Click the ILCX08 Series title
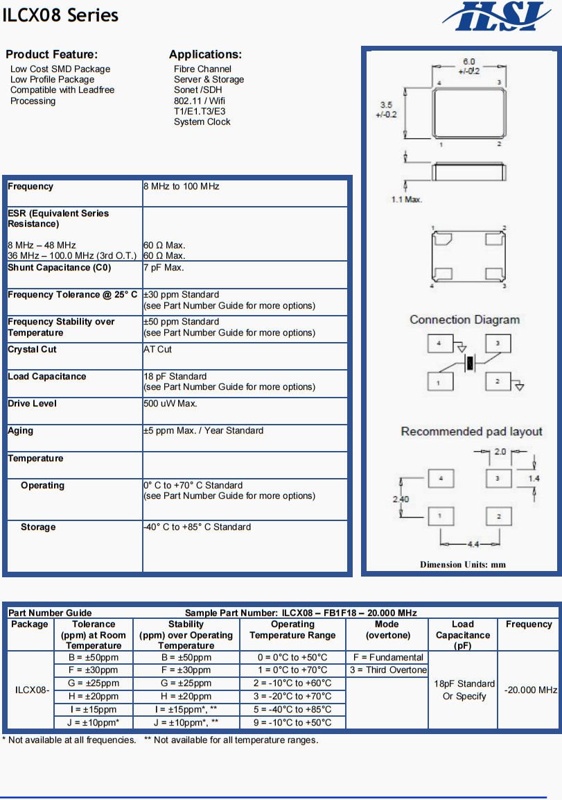click(x=60, y=15)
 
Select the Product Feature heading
click(x=52, y=54)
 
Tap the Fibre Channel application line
click(x=202, y=69)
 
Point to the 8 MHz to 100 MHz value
click(x=182, y=187)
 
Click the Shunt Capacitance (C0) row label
click(x=60, y=268)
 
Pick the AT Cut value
click(x=158, y=349)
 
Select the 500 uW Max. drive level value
click(x=170, y=403)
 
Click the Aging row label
click(x=21, y=431)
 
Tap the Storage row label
click(x=38, y=527)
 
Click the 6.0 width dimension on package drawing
click(x=469, y=62)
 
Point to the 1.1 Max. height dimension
click(x=407, y=200)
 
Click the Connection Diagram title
click(x=464, y=320)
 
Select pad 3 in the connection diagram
click(x=498, y=343)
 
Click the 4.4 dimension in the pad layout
click(x=472, y=543)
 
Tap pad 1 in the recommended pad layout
click(x=441, y=516)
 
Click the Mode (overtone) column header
click(x=387, y=630)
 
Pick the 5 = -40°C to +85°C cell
click(x=292, y=710)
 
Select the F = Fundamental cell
click(x=388, y=657)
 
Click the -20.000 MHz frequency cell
click(x=530, y=690)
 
